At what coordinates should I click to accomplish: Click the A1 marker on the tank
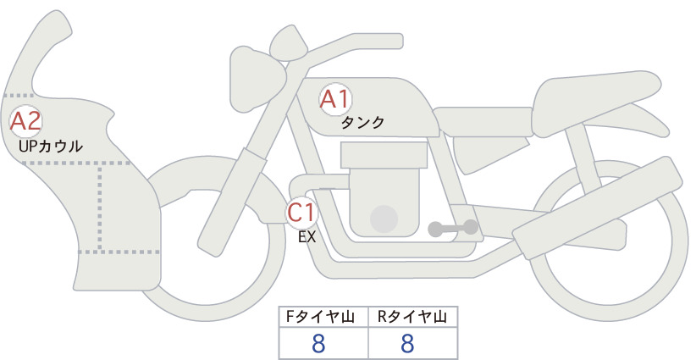335,99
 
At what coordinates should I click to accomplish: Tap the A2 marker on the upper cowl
25,121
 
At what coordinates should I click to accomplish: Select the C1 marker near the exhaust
301,213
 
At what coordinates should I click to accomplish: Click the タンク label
362,123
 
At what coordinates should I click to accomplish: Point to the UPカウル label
51,147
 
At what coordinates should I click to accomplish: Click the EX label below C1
307,237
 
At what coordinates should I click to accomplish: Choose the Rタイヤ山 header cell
413,317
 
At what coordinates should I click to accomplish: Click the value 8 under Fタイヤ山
318,343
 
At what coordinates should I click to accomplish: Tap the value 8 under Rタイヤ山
407,343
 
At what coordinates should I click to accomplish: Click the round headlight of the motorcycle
255,80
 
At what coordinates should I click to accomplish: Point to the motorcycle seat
594,102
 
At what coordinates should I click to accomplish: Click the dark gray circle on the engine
384,219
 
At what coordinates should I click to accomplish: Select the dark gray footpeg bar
453,228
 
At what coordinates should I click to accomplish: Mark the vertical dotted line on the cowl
100,208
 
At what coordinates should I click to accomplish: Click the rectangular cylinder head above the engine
384,155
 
